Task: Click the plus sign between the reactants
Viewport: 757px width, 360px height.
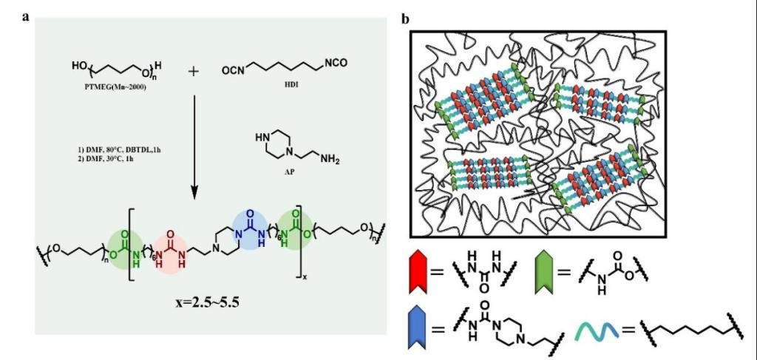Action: coord(194,72)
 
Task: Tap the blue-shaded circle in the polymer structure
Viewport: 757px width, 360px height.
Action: coord(251,223)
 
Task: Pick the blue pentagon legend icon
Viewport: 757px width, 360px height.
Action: coord(418,329)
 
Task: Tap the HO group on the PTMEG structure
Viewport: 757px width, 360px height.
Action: coord(79,67)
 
